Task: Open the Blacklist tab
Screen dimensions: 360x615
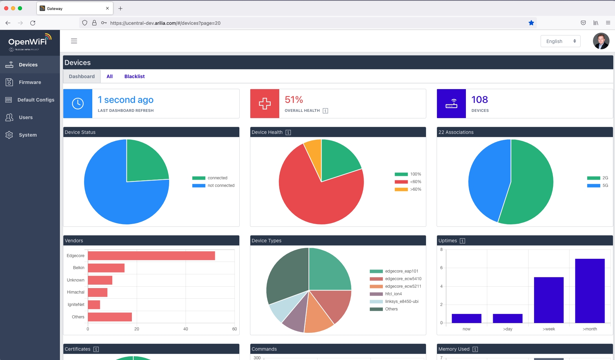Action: tap(134, 76)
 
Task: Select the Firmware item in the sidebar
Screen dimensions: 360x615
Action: tap(30, 82)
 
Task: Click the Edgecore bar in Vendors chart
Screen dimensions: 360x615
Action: tap(151, 256)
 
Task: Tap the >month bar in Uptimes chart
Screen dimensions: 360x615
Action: tap(590, 290)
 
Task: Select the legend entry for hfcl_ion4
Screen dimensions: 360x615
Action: tap(393, 294)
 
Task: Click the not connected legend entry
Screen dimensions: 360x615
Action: tap(221, 186)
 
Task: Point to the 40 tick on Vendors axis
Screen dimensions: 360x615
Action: tap(186, 329)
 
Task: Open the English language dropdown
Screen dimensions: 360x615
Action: tap(560, 41)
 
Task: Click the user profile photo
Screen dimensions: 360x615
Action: tap(601, 41)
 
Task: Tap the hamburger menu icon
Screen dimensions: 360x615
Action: tap(74, 41)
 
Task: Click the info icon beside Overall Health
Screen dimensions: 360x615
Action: tap(325, 111)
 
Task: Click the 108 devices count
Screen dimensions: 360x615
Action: tap(479, 100)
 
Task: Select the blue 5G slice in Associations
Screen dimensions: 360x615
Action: tap(487, 182)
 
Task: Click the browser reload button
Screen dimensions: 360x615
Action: tap(33, 23)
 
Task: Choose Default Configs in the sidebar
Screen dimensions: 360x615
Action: tap(36, 100)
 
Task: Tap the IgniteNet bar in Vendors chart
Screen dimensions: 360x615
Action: tap(94, 305)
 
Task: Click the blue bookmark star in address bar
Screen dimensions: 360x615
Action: tap(531, 23)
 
